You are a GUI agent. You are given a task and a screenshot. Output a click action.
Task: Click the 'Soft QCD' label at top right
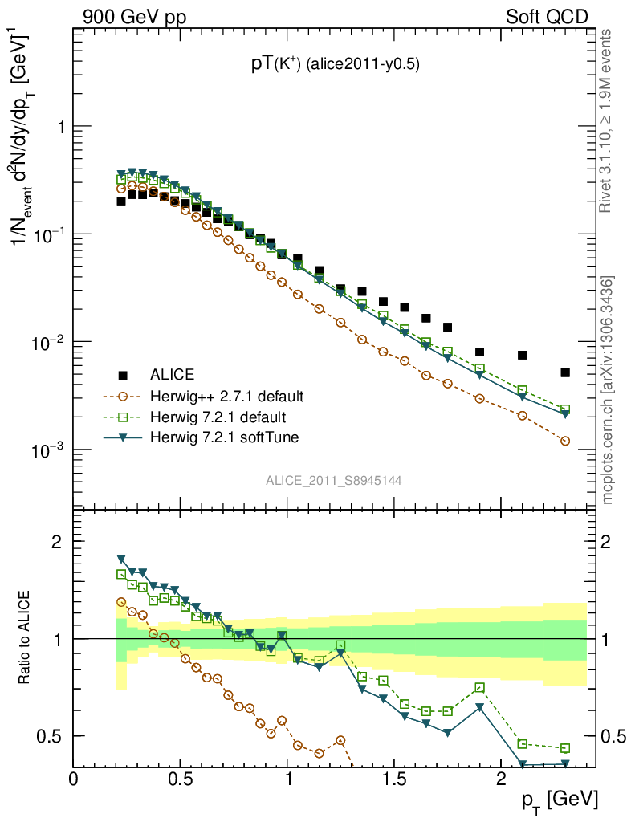pyautogui.click(x=547, y=16)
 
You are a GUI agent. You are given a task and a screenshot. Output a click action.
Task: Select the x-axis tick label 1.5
pyautogui.click(x=394, y=779)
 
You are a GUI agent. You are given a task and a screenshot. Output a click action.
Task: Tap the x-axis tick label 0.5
pyautogui.click(x=181, y=779)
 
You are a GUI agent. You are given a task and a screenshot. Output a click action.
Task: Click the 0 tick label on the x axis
pyautogui.click(x=74, y=779)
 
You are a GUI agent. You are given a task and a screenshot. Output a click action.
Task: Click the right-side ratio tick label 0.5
pyautogui.click(x=614, y=736)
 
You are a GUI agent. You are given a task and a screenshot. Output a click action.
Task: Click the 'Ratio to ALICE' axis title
pyautogui.click(x=25, y=638)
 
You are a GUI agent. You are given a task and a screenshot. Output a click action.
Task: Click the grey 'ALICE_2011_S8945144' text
pyautogui.click(x=334, y=481)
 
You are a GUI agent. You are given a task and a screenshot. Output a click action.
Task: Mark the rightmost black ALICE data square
pyautogui.click(x=565, y=372)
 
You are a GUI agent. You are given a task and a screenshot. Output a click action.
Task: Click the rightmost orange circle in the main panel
pyautogui.click(x=565, y=441)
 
